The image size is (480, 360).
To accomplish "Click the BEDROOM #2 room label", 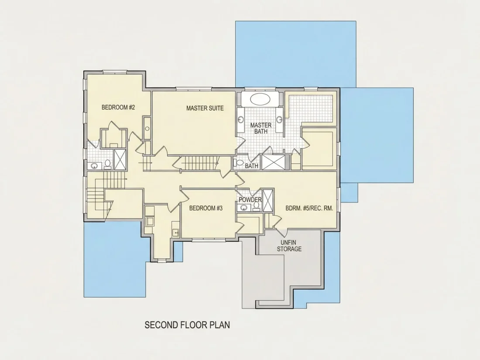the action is coord(118,107).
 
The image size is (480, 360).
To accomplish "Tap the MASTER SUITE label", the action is coord(205,108).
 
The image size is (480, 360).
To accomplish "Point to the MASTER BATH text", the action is coord(261,128).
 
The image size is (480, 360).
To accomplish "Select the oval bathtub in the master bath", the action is coord(260,99).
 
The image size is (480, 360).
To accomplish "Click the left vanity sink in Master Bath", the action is coord(240,120).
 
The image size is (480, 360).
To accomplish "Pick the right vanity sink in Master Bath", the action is coord(279,119).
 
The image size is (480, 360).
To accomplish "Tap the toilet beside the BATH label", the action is coord(240,163).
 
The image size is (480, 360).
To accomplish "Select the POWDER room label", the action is coord(250,199).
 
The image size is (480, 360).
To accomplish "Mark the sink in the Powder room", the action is coord(243,208).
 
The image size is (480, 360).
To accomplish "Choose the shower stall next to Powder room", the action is coord(268,201).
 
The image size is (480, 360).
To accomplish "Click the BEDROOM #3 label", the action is coord(206,208).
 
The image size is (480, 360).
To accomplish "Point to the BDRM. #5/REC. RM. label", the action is coord(309,208).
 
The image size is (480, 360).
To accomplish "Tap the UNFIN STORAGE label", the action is coord(289,246).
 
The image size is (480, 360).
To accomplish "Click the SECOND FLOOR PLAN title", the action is coord(187,325).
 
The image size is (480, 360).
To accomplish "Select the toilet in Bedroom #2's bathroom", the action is coord(107,165).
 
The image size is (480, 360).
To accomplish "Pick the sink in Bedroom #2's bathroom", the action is coord(95,166).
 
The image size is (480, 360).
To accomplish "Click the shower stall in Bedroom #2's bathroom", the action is coord(120,159).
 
